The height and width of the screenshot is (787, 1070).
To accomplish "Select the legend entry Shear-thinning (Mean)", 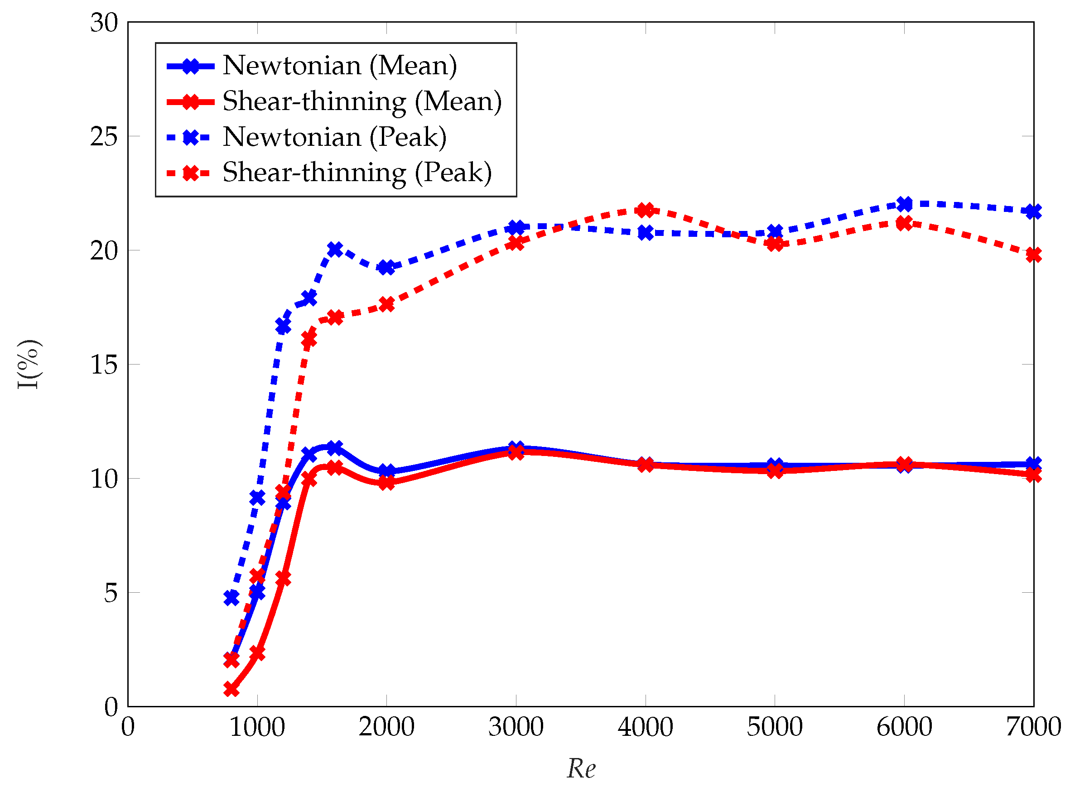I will pos(362,101).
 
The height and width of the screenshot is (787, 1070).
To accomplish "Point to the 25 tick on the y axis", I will pos(104,137).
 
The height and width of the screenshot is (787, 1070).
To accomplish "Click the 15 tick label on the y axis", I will pos(104,365).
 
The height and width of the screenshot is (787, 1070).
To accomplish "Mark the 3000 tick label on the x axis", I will pos(516,727).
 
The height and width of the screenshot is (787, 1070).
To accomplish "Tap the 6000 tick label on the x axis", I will pos(904,727).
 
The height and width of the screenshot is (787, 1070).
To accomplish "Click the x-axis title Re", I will pos(581,768).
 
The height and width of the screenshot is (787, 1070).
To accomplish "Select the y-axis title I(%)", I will pos(29,365).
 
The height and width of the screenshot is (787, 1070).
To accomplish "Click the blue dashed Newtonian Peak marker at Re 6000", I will pos(904,204).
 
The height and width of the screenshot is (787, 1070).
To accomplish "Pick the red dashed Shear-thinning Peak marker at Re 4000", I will pos(646,210).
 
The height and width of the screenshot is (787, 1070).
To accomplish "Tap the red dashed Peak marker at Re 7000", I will pos(1033,255).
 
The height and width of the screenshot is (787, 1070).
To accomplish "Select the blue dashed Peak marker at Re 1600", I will pos(335,249).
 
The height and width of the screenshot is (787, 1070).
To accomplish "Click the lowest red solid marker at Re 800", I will pos(231,689).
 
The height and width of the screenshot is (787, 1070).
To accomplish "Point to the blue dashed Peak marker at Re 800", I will pos(231,597).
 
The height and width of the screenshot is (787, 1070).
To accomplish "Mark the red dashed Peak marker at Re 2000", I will pos(386,304).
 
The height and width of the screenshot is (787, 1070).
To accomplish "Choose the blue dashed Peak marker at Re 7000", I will pos(1033,211).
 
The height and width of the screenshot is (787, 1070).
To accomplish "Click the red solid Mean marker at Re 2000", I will pos(386,483).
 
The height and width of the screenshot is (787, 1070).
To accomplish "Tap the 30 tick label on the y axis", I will pos(104,22).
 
